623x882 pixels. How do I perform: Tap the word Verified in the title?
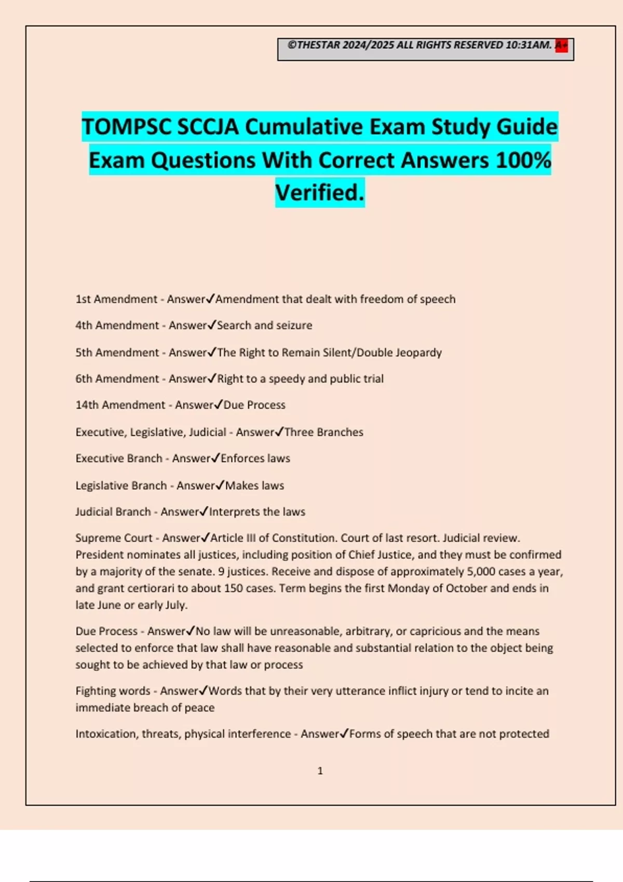(x=319, y=193)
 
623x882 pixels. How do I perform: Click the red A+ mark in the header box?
(x=561, y=46)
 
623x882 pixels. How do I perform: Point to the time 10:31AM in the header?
(x=528, y=45)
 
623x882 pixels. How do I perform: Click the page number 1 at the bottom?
(x=320, y=771)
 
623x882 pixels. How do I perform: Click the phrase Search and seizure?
(x=264, y=325)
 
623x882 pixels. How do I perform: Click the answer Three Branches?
(x=323, y=432)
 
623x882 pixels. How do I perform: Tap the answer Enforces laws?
(x=255, y=459)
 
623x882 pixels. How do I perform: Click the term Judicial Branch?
(x=113, y=512)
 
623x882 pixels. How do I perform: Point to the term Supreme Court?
(x=114, y=538)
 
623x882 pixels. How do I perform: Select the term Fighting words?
(x=113, y=691)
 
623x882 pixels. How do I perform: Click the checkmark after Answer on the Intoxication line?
(x=344, y=733)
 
